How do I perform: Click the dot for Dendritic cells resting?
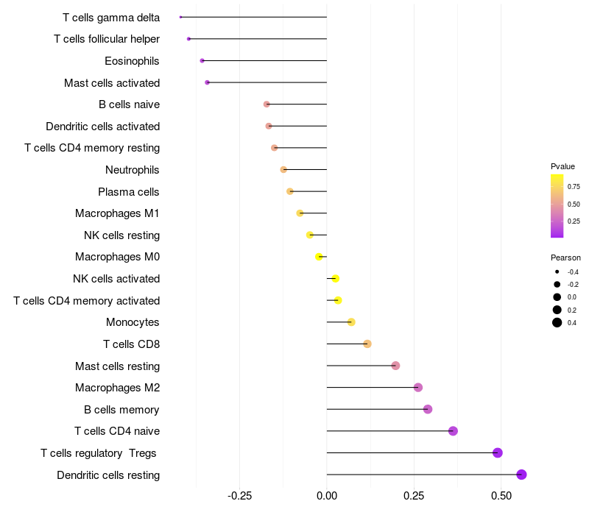click(x=522, y=475)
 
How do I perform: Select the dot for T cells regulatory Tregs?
click(x=498, y=452)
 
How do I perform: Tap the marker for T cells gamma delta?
click(x=180, y=17)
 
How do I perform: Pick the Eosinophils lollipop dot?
click(x=202, y=60)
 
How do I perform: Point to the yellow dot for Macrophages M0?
click(x=319, y=257)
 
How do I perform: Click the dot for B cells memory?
click(x=428, y=409)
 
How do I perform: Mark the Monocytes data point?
click(x=351, y=322)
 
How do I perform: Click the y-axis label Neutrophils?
click(x=133, y=170)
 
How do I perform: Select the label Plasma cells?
click(x=129, y=192)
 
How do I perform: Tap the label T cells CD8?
click(x=132, y=344)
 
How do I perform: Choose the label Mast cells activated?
click(x=112, y=83)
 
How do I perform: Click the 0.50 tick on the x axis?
click(x=501, y=497)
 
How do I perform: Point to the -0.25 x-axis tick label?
click(x=239, y=497)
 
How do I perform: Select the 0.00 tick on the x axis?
click(x=327, y=497)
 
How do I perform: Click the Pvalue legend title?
click(x=562, y=166)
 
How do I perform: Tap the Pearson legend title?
click(x=565, y=258)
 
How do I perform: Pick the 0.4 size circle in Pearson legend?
click(x=557, y=322)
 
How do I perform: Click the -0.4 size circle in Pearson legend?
click(x=557, y=271)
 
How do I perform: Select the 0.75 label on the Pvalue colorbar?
click(x=574, y=187)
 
